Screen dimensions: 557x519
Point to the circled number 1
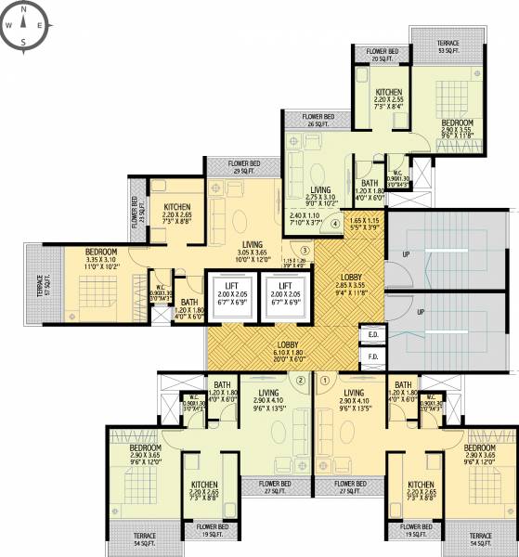325,379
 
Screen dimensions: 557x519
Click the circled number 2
300,379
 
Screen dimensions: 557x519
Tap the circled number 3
305,249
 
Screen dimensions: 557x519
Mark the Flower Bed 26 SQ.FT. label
318,120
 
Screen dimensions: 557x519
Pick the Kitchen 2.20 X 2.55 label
388,98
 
